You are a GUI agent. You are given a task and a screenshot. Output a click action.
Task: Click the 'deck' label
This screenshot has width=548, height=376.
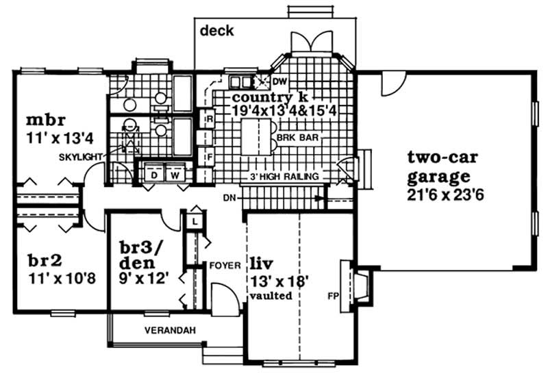[217, 31]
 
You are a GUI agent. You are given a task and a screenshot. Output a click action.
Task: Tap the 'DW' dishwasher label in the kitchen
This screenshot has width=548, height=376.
[277, 83]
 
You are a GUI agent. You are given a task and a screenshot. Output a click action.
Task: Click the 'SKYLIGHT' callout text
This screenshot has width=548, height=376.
[80, 157]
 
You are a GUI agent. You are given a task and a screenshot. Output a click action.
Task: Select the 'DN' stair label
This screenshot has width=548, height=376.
[229, 198]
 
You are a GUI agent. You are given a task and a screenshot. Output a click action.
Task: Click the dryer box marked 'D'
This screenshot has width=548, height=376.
[154, 175]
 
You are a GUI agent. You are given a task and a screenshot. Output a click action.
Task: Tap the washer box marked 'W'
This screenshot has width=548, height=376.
[175, 175]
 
